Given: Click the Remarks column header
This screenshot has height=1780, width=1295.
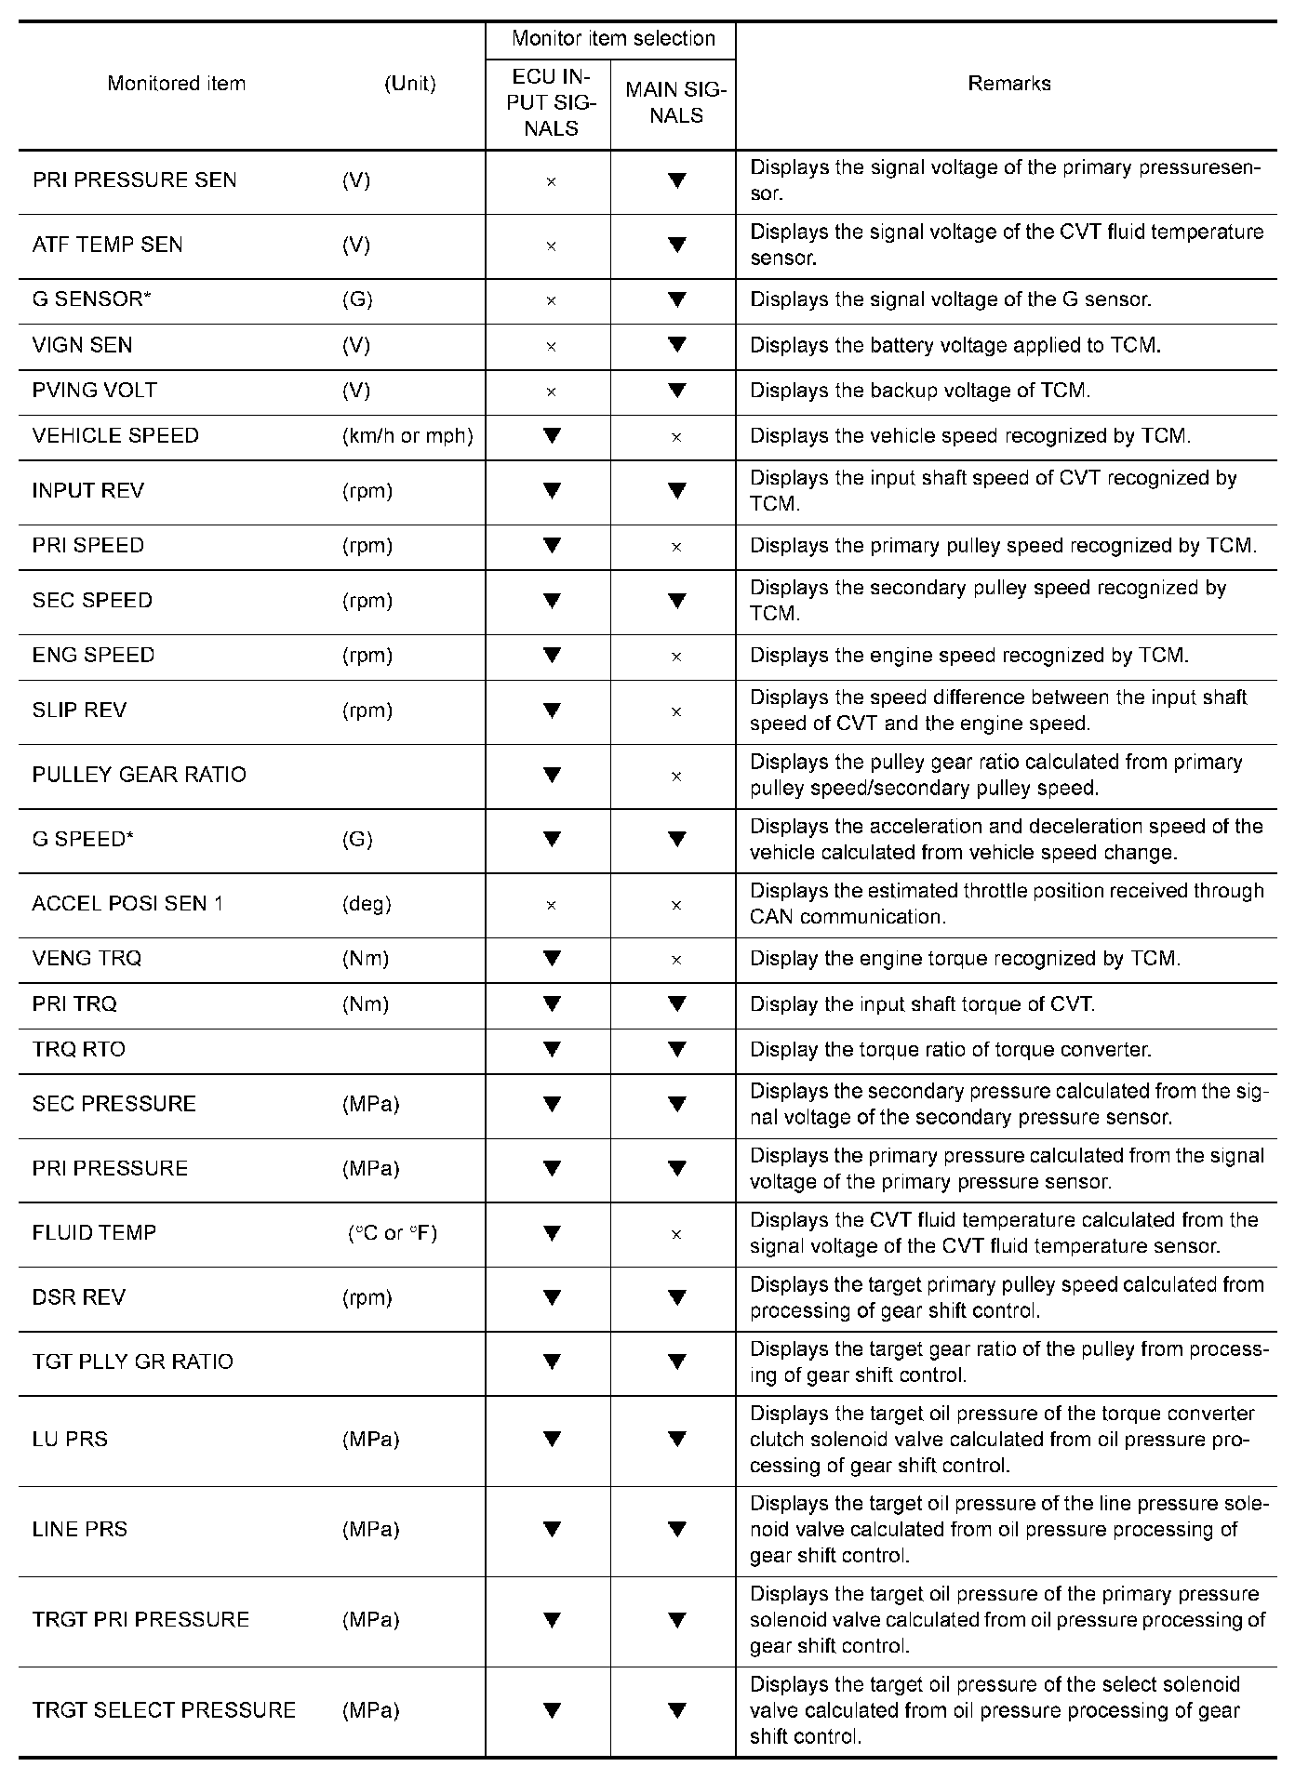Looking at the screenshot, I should click(x=1008, y=84).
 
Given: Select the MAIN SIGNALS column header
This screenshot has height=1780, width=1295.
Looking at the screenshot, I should click(x=675, y=102).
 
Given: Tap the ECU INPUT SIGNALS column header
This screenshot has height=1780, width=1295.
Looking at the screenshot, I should click(x=551, y=102).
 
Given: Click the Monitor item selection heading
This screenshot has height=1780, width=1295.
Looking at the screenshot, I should click(x=613, y=39).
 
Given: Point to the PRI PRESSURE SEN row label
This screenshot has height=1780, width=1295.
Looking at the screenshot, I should click(x=135, y=180).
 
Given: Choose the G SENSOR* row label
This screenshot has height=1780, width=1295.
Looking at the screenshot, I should click(x=90, y=299).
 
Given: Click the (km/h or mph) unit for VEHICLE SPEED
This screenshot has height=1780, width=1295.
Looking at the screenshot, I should click(x=407, y=436).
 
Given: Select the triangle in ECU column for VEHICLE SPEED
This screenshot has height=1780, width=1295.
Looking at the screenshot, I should click(x=552, y=435).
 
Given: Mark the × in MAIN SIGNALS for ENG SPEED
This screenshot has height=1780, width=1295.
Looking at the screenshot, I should click(x=676, y=657).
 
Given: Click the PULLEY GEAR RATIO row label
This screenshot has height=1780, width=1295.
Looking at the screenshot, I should click(x=140, y=776).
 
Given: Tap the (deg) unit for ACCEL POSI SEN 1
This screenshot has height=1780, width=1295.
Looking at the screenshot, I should click(x=367, y=904).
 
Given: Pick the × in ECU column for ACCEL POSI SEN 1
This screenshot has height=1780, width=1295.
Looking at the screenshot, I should click(x=551, y=905).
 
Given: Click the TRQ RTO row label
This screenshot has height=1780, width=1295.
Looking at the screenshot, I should click(x=79, y=1050).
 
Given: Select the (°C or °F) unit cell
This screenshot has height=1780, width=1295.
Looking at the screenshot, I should click(x=392, y=1233).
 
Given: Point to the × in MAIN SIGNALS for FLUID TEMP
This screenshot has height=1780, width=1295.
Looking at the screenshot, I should click(x=676, y=1234).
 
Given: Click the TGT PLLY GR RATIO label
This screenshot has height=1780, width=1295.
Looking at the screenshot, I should click(x=133, y=1362).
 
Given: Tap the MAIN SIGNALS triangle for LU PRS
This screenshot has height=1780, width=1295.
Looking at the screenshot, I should click(x=676, y=1439).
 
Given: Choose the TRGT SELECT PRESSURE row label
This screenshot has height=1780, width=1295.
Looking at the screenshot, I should click(x=164, y=1710).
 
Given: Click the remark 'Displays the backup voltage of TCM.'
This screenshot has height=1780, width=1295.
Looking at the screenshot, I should click(x=920, y=391).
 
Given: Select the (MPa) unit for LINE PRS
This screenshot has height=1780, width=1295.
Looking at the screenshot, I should click(x=370, y=1529).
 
